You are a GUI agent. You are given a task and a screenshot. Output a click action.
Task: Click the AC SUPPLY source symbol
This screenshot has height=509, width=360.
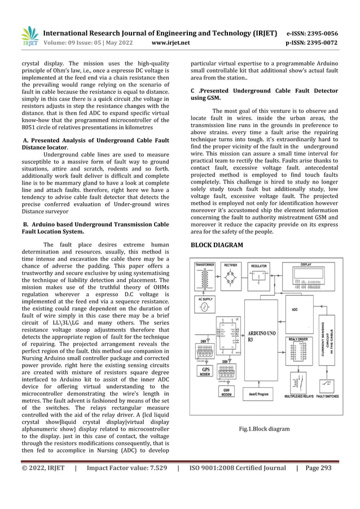[205, 307]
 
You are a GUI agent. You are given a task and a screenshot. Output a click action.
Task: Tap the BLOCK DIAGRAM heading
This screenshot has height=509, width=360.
[217, 245]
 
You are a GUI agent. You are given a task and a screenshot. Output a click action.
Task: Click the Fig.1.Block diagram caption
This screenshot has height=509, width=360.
[265, 429]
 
